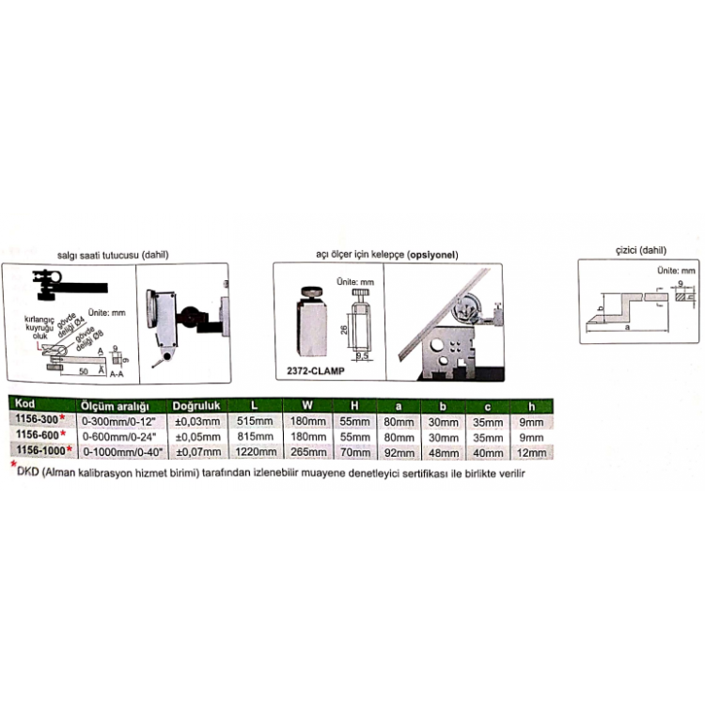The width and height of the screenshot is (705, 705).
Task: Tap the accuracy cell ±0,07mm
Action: pos(196,450)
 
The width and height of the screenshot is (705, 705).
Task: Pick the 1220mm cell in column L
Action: pos(254,450)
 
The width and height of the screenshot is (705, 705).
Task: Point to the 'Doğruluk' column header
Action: pos(196,405)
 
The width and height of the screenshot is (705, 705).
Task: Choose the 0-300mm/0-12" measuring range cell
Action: pos(117,420)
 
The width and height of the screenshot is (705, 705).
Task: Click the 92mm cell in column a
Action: pos(398,450)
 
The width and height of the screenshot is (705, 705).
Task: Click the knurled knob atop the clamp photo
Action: pos(313,292)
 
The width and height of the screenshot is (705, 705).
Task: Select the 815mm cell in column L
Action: pos(254,435)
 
